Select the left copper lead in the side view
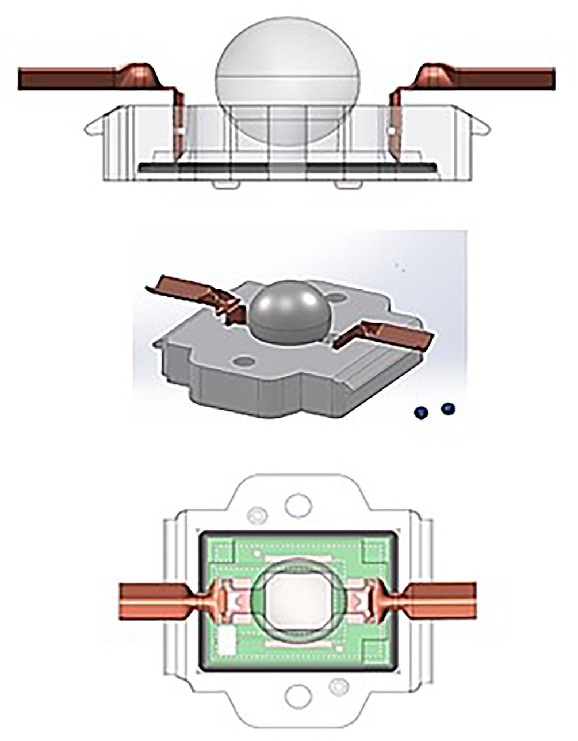click(69, 78)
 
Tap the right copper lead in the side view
click(506, 78)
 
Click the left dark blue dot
click(421, 412)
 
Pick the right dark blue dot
click(448, 409)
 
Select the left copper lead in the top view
click(152, 601)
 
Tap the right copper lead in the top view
click(443, 601)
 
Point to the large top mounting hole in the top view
click(298, 505)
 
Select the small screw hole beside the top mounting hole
click(256, 514)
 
